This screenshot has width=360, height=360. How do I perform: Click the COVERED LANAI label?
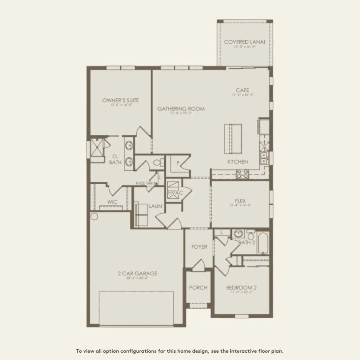pyautogui.click(x=244, y=42)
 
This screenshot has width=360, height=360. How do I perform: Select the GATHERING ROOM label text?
pyautogui.click(x=181, y=109)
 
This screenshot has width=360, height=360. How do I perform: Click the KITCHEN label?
pyautogui.click(x=238, y=162)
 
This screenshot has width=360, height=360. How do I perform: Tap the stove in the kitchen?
pyautogui.click(x=241, y=174)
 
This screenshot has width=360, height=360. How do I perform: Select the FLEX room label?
pyautogui.click(x=240, y=200)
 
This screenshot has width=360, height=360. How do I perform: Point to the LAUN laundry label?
pyautogui.click(x=155, y=206)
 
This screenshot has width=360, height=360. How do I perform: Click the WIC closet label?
pyautogui.click(x=112, y=202)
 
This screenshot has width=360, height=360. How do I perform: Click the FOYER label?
pyautogui.click(x=199, y=247)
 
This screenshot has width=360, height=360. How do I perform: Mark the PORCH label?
pyautogui.click(x=198, y=288)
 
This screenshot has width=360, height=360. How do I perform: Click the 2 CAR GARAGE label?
pyautogui.click(x=138, y=273)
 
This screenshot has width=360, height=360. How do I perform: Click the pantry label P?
pyautogui.click(x=178, y=163)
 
